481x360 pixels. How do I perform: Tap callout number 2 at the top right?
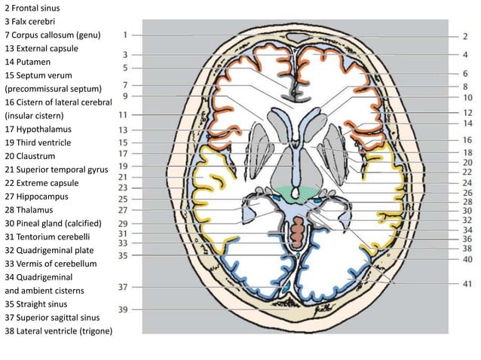pyautogui.click(x=464, y=35)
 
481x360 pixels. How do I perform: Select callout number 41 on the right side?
pyautogui.click(x=467, y=284)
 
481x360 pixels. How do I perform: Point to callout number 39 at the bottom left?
pyautogui.click(x=121, y=310)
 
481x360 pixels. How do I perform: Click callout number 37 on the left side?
pyautogui.click(x=121, y=287)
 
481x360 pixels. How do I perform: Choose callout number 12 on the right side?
pyautogui.click(x=467, y=112)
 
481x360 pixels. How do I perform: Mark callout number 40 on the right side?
pyautogui.click(x=467, y=259)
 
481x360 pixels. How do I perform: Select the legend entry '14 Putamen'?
pyautogui.click(x=30, y=61)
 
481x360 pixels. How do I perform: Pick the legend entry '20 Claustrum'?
pyautogui.click(x=35, y=156)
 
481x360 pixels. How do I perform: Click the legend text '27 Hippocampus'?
pyautogui.click(x=38, y=196)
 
